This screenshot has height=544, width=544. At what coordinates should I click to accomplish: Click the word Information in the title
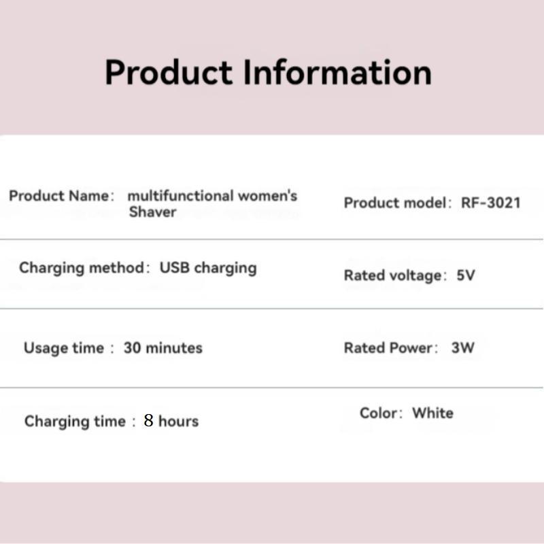(337, 73)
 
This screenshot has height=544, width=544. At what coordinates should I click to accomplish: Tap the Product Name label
(58, 196)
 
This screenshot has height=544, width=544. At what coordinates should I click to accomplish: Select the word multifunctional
(180, 196)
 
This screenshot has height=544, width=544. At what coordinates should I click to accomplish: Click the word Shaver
(153, 212)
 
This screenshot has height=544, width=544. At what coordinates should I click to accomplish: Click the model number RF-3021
(490, 203)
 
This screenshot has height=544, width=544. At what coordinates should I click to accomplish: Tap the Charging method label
(82, 267)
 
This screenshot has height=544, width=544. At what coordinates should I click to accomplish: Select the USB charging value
(208, 267)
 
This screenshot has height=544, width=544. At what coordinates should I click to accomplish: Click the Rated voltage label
(393, 275)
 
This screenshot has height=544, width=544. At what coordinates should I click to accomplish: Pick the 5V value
(466, 275)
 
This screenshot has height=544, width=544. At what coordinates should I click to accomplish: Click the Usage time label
(64, 348)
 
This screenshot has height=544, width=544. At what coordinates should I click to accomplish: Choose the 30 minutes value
(163, 348)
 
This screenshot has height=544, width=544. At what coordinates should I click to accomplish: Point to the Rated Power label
(388, 348)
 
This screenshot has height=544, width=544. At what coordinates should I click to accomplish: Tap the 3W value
(462, 348)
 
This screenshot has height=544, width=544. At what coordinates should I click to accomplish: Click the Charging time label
(75, 422)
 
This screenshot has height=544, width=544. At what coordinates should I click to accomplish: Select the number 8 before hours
(149, 421)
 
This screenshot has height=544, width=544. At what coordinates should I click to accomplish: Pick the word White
(432, 413)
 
